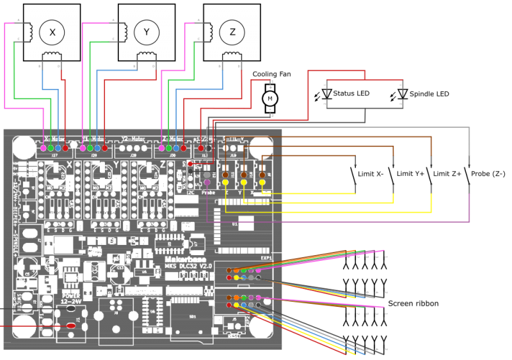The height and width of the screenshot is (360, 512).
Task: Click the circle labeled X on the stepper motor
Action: click(x=52, y=33)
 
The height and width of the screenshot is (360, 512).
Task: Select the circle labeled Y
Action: click(x=147, y=33)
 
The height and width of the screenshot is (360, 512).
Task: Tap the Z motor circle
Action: click(x=232, y=33)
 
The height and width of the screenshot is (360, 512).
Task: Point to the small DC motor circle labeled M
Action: click(x=270, y=98)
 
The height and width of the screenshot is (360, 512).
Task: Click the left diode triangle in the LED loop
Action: click(x=326, y=93)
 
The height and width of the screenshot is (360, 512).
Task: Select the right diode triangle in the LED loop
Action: click(x=403, y=93)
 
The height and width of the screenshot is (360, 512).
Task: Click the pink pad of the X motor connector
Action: click(x=44, y=148)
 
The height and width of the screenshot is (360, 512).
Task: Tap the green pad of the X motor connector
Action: click(x=51, y=148)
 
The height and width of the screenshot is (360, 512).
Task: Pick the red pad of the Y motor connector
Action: click(x=104, y=148)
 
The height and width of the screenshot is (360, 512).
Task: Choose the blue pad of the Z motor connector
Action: click(x=176, y=148)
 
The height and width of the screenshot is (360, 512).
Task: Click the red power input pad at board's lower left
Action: click(x=71, y=325)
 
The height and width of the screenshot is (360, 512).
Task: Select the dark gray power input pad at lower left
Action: click(x=71, y=308)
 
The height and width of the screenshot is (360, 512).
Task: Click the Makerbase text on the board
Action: click(x=186, y=260)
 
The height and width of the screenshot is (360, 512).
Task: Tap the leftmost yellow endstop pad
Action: click(x=225, y=182)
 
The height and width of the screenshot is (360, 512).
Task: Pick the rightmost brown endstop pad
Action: click(x=262, y=175)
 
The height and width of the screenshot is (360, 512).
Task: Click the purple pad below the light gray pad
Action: click(x=207, y=182)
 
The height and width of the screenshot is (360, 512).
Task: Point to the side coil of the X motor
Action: click(x=27, y=30)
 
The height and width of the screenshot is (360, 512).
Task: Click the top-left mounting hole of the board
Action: click(x=24, y=147)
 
